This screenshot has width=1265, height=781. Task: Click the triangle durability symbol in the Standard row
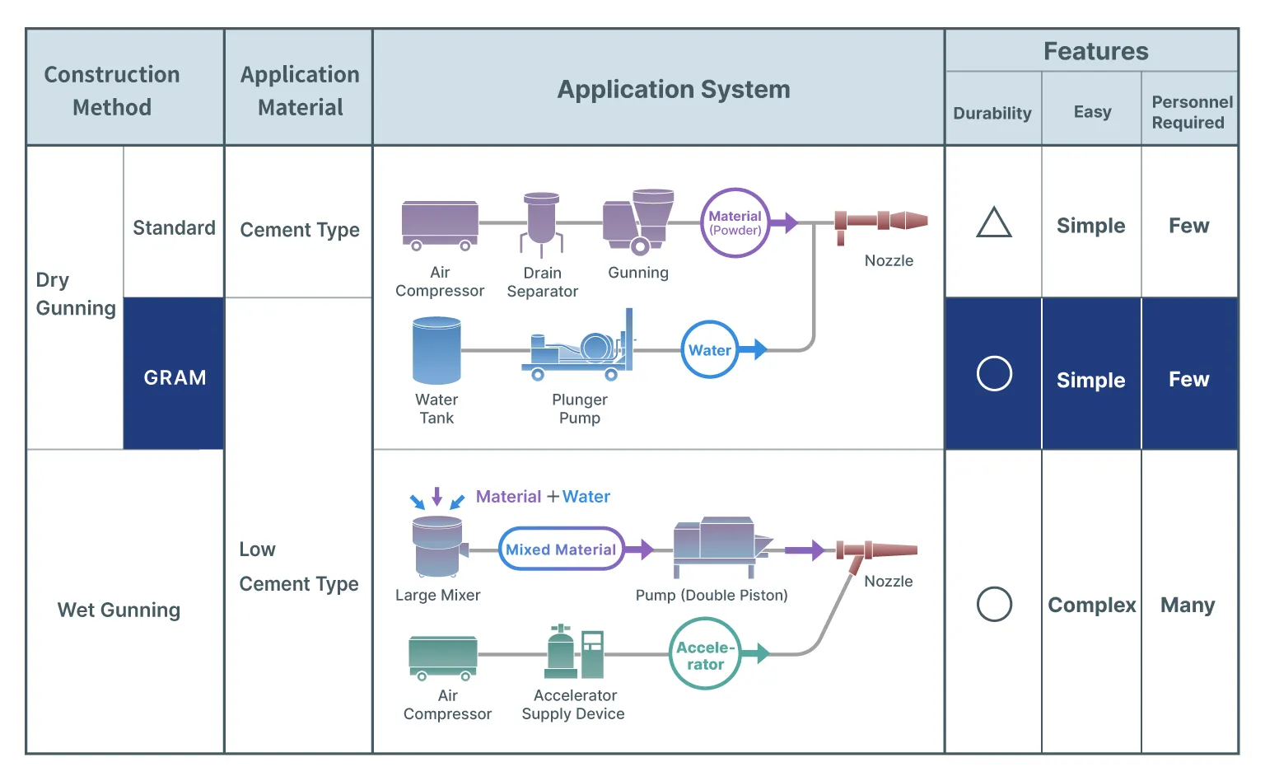click(x=993, y=222)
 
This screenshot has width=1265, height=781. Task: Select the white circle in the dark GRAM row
click(x=994, y=374)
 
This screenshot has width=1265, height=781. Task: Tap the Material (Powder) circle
click(x=735, y=222)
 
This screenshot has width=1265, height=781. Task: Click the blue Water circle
click(x=709, y=350)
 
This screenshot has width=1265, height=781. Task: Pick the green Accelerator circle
click(x=705, y=655)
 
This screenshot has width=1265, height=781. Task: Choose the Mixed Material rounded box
click(x=561, y=550)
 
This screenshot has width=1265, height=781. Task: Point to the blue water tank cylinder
click(x=436, y=352)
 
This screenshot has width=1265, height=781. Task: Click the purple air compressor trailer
click(x=440, y=224)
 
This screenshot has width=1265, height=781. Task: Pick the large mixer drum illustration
click(x=437, y=546)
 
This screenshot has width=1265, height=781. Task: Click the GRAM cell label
click(x=175, y=377)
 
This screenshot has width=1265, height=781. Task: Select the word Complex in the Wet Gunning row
click(x=1091, y=606)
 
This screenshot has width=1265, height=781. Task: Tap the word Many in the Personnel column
click(x=1188, y=606)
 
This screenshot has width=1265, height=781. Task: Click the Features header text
click(x=1095, y=52)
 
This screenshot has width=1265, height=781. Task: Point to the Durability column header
click(x=992, y=113)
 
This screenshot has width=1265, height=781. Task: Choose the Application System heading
click(x=674, y=89)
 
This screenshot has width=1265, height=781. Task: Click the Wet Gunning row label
click(x=119, y=610)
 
